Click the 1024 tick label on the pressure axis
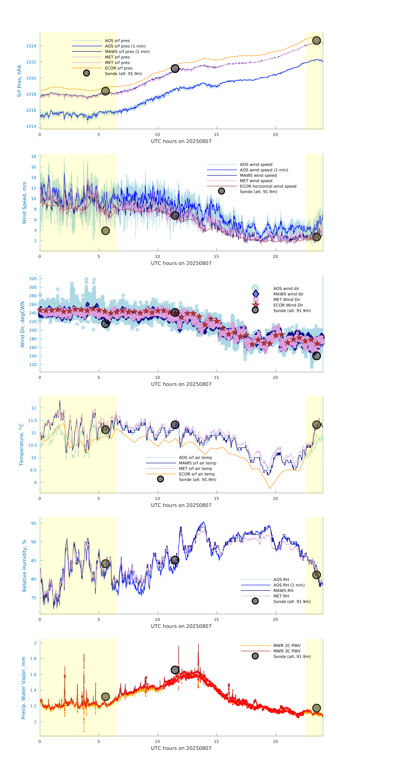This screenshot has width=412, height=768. pos(31,46)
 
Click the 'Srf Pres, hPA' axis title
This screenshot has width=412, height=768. pos(19,81)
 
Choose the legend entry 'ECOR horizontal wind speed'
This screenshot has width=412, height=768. pos(268,186)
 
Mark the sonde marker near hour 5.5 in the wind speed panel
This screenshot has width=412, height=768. pos(105,231)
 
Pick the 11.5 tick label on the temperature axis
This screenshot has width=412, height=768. pos(32,420)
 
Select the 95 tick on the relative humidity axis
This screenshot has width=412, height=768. pos(33,523)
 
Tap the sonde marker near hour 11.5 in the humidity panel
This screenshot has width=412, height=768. pos(175,560)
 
